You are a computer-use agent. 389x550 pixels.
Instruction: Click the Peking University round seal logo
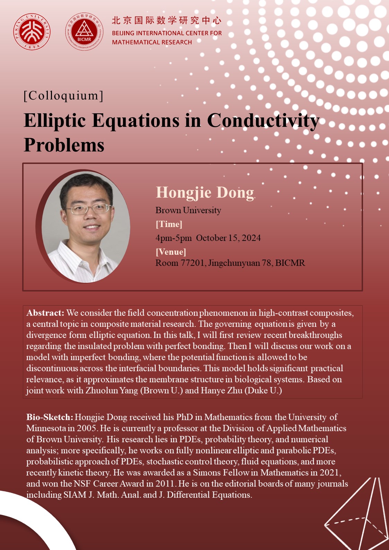[32, 32]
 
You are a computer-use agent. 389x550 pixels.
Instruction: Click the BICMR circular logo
[84, 32]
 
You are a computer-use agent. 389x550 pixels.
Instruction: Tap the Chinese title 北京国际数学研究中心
[167, 21]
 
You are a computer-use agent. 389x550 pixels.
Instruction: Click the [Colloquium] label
[64, 96]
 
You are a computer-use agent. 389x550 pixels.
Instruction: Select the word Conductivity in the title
[263, 121]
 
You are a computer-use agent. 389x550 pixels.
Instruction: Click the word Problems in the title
[64, 145]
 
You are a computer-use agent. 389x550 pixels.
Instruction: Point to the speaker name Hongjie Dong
[205, 192]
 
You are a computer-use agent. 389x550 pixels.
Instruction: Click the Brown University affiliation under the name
[188, 210]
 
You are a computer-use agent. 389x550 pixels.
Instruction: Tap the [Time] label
[169, 224]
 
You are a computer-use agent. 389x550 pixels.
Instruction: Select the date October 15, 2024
[228, 238]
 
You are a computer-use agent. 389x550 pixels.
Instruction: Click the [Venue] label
[171, 252]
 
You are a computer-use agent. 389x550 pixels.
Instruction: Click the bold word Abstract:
[45, 313]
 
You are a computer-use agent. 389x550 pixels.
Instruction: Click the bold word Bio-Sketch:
[50, 417]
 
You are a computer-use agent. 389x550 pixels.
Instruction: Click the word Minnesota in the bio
[46, 428]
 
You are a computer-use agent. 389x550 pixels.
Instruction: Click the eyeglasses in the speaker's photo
[88, 209]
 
